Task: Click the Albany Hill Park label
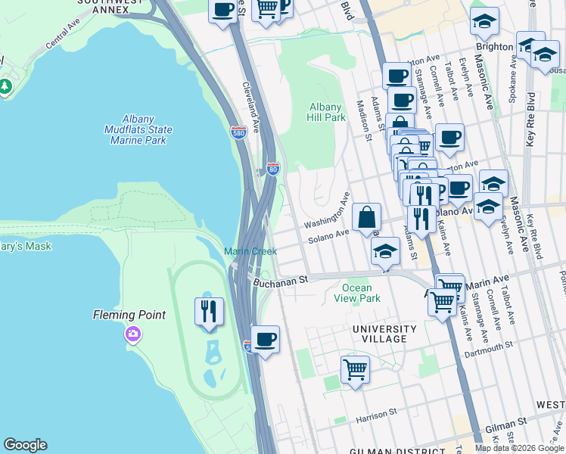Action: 326,112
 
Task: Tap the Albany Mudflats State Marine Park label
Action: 138,129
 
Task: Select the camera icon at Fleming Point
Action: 133,334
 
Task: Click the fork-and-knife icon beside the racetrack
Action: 209,311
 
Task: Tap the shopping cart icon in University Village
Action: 354,370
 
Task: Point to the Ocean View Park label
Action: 357,293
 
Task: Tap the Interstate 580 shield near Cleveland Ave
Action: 238,132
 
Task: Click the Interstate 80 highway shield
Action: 273,168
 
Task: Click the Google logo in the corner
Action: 25,445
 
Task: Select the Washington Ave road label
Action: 326,213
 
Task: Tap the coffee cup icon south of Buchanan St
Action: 265,340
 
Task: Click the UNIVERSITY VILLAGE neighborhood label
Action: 384,334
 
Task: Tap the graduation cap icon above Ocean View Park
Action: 385,250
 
